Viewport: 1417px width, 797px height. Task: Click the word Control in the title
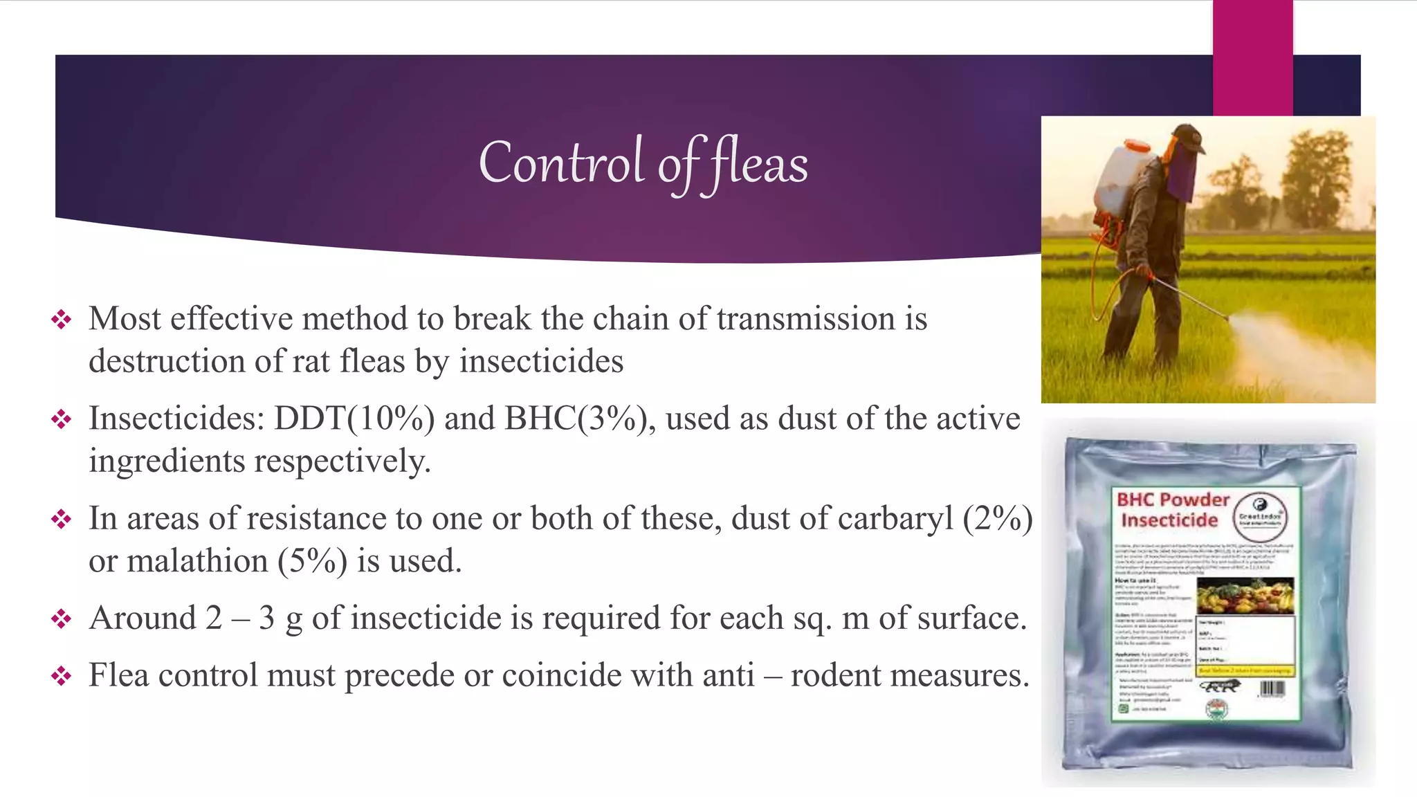coord(561,163)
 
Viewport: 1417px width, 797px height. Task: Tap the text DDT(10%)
coord(354,419)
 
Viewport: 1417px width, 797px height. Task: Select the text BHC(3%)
coord(580,419)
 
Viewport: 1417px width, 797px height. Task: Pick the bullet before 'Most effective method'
coord(62,320)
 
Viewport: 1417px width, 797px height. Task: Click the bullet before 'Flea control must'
coord(62,676)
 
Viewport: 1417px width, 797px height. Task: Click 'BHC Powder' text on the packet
coord(1173,500)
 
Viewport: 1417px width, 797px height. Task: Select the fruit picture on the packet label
coord(1244,596)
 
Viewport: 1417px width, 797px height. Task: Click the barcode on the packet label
coord(1272,688)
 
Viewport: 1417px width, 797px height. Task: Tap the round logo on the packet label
coord(1260,515)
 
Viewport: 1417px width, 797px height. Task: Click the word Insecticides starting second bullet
coord(177,419)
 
